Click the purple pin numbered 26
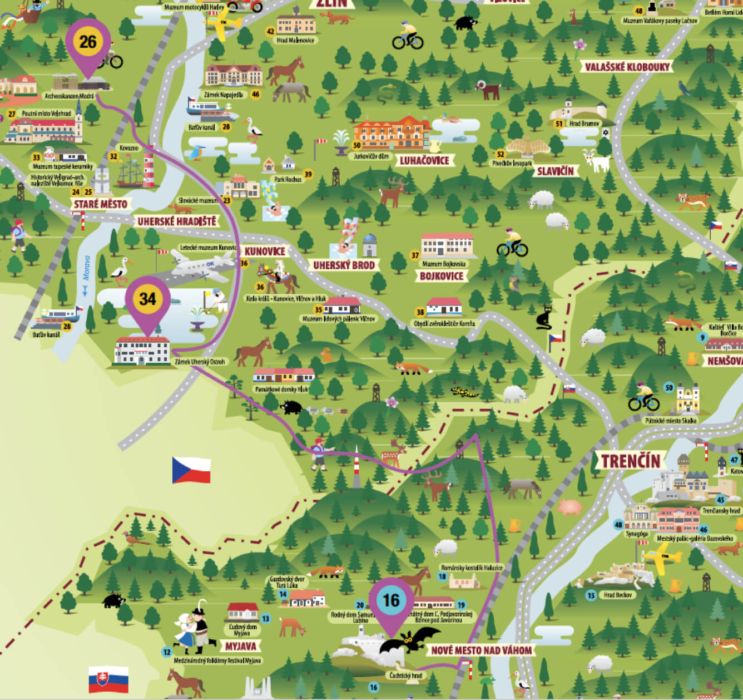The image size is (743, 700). [88, 43]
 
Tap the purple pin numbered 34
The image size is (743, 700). [147, 300]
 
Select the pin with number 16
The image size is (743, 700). [392, 602]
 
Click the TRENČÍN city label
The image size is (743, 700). [630, 461]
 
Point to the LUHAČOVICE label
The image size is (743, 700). [424, 161]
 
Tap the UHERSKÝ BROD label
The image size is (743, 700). [344, 265]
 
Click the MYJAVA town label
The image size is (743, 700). [240, 647]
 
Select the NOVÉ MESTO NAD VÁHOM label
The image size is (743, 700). [482, 650]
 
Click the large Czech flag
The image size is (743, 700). [191, 470]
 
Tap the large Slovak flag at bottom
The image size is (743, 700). [108, 680]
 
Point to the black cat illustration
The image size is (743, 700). [543, 318]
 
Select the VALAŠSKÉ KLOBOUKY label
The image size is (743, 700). [627, 67]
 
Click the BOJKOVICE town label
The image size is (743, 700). [442, 276]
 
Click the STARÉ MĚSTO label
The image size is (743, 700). [101, 204]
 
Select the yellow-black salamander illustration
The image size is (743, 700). [464, 393]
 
